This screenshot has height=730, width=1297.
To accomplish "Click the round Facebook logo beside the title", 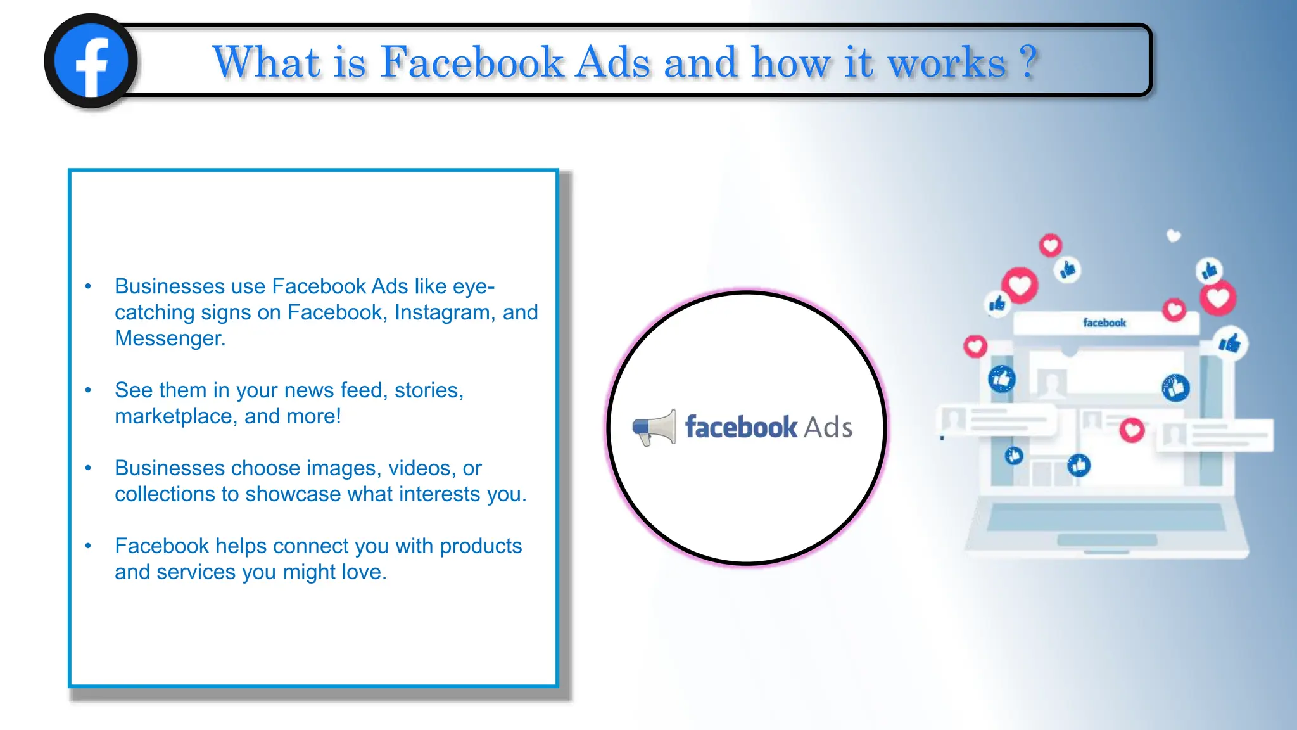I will coord(91,61).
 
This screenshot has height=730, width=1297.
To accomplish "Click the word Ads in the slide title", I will coord(612,63).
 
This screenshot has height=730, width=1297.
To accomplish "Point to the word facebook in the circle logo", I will coord(741,427).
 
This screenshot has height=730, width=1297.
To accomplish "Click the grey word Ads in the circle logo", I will coord(828,428).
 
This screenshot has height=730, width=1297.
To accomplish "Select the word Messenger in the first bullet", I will coord(170,338).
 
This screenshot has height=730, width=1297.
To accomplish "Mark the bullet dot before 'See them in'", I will coord(88,390).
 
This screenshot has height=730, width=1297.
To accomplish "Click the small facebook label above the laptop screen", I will coord(1104,323).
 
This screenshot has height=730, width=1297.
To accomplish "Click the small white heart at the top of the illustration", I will coord(1174,236).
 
